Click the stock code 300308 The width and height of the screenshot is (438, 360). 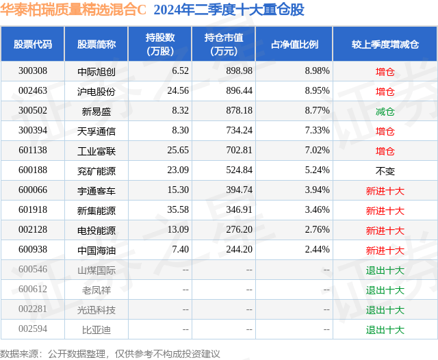[x=33, y=71]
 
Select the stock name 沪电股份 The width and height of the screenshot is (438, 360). [x=96, y=91]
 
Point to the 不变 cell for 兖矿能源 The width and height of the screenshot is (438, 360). [x=385, y=170]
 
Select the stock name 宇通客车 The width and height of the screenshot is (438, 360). [x=96, y=190]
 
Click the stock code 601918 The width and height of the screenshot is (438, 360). [x=33, y=210]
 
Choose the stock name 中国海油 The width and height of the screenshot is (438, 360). [x=96, y=250]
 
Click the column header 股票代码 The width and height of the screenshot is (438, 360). [x=33, y=44]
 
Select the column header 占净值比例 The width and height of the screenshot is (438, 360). [x=294, y=44]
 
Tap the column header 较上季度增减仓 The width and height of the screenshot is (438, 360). [x=385, y=44]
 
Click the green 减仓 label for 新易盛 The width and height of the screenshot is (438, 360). [x=385, y=111]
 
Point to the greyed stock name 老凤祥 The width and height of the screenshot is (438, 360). [x=96, y=290]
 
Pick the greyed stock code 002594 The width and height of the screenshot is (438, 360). [x=33, y=329]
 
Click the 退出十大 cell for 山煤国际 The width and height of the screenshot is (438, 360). [x=385, y=270]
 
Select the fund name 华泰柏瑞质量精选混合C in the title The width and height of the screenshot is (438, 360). [x=73, y=10]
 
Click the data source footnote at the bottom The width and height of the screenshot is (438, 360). [x=110, y=353]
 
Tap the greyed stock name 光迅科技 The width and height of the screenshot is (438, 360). [x=96, y=309]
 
